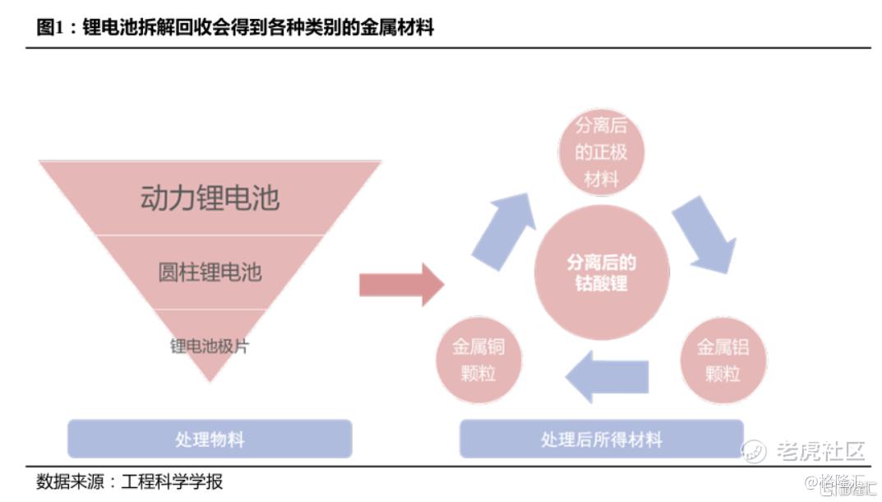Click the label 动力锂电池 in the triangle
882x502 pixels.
210,198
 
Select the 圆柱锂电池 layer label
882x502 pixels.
210,272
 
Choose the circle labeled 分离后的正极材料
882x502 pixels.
602,153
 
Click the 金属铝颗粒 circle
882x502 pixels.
723,360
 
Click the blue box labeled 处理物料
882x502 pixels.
210,439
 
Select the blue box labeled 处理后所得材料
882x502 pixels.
601,439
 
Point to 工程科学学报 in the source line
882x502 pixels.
172,481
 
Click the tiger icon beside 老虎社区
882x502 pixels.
754,451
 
